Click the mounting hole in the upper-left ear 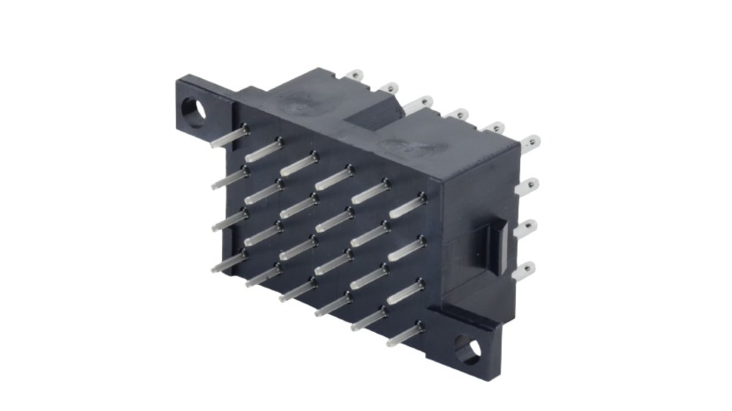(194, 112)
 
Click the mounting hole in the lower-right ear (468, 350)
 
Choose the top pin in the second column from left (264, 149)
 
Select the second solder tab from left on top (389, 89)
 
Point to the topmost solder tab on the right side (530, 143)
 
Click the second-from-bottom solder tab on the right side (525, 228)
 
